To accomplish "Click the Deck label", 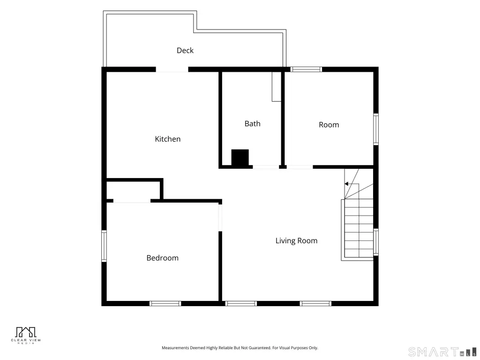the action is click(x=185, y=50).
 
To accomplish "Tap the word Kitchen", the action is click(x=168, y=139).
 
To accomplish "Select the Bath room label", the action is click(x=253, y=124).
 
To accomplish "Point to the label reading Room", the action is click(x=329, y=125).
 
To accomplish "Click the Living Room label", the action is click(x=296, y=240).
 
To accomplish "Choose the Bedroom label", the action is click(x=163, y=258).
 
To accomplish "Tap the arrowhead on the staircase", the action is click(x=346, y=184).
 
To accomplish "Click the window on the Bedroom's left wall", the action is click(x=104, y=246).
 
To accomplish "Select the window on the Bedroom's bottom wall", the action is click(x=165, y=303).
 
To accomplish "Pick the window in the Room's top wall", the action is click(x=306, y=69).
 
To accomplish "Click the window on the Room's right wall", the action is click(x=376, y=129).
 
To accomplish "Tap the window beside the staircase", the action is click(x=376, y=242).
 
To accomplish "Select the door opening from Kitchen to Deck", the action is click(x=172, y=69).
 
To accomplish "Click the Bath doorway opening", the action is click(x=266, y=167).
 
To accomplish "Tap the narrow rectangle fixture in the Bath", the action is click(x=277, y=87).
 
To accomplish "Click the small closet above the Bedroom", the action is click(x=133, y=190).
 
